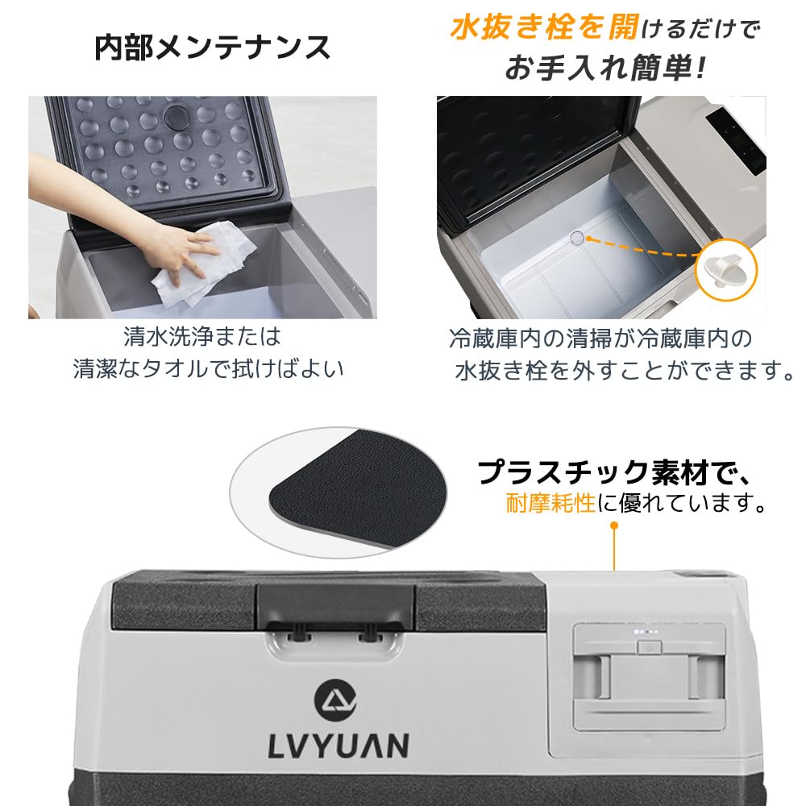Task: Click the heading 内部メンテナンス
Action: click(212, 48)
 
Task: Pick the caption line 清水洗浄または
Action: click(202, 335)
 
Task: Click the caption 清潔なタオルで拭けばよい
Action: click(208, 368)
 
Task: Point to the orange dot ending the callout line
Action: click(614, 525)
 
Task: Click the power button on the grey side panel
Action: click(647, 646)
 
